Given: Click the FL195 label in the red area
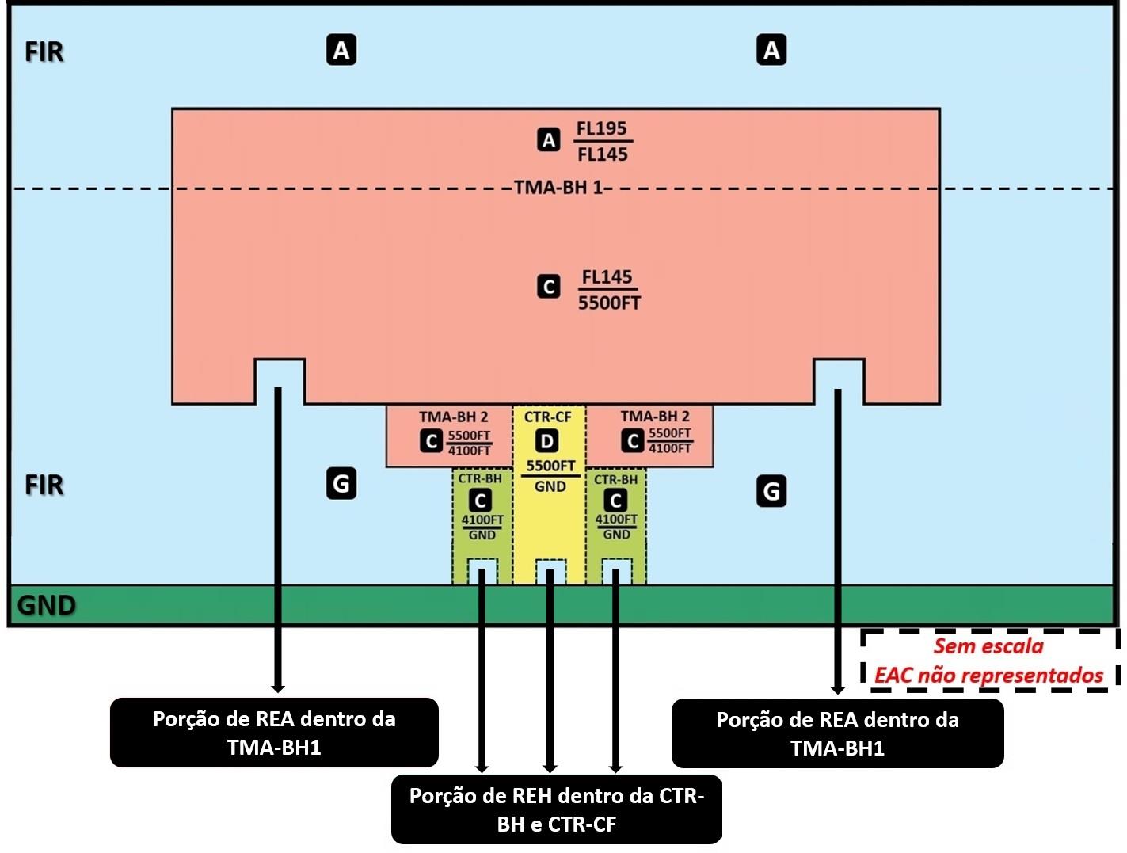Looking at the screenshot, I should [x=601, y=128].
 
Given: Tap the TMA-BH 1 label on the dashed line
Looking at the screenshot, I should [x=558, y=188].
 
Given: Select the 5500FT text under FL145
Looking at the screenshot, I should [x=609, y=303].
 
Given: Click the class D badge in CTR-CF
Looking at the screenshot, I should [x=546, y=441].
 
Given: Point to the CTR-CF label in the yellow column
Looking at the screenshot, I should [x=547, y=417].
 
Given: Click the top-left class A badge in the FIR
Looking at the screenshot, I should [x=341, y=50].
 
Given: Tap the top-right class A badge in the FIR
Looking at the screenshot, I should [x=771, y=50].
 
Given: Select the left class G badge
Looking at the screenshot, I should [x=341, y=483].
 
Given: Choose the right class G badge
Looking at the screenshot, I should [x=771, y=491].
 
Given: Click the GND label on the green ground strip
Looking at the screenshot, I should [x=47, y=606].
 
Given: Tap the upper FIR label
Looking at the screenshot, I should [x=44, y=52].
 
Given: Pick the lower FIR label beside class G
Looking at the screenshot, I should [x=44, y=485].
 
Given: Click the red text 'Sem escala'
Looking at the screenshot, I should [x=988, y=646].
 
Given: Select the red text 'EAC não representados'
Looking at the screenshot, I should [x=988, y=676].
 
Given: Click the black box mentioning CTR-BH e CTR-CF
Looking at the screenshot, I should [x=556, y=809].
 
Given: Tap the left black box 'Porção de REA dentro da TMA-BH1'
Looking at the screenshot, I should [x=274, y=733].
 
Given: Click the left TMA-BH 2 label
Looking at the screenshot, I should [x=453, y=417].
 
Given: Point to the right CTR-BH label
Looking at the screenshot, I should [x=615, y=479].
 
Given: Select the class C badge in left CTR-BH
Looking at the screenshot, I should [x=480, y=501].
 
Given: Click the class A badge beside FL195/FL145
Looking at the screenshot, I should [x=549, y=140].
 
